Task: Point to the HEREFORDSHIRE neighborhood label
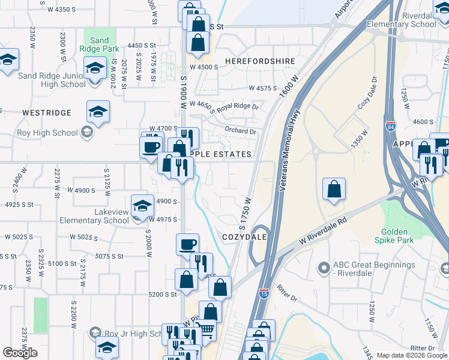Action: [x=260, y=61]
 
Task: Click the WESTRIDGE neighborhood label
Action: [x=47, y=113]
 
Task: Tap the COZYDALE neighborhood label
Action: [x=244, y=237]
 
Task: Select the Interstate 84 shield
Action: [x=390, y=126]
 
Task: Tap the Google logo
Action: [x=20, y=352]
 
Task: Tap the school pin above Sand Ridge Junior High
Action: [x=95, y=68]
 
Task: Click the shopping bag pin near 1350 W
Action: [x=334, y=189]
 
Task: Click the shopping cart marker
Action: [x=205, y=329]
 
